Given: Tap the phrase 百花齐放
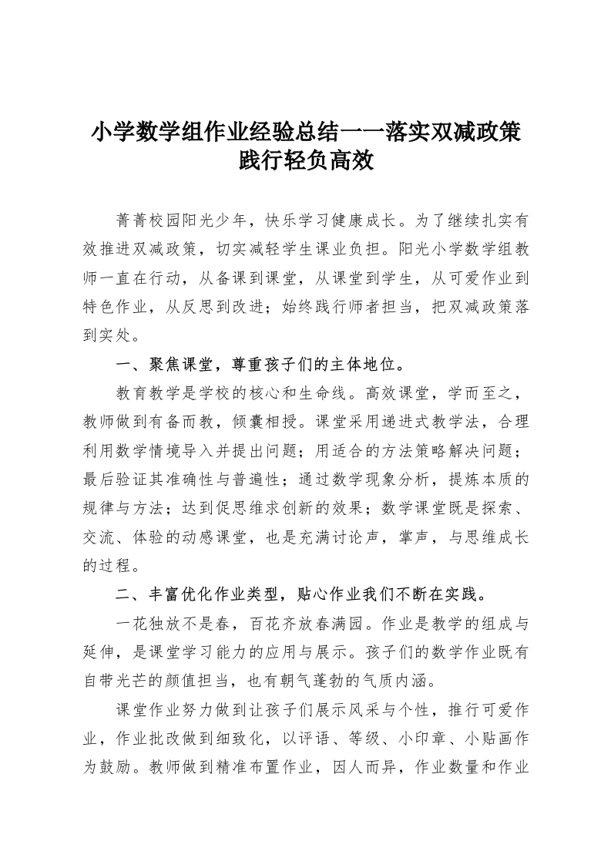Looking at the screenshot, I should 277,624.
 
